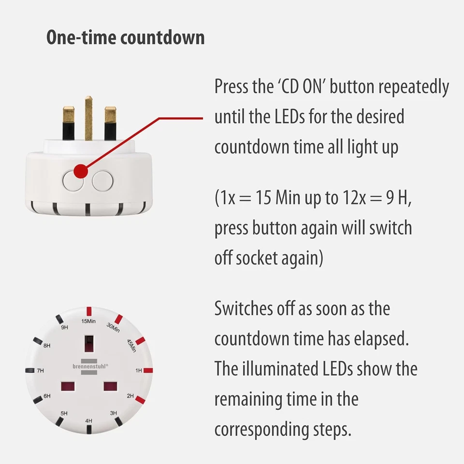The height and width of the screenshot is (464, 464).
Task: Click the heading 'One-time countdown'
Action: [125, 38]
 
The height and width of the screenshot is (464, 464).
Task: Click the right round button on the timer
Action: [102, 180]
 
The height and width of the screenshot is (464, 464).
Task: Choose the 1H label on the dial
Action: [138, 371]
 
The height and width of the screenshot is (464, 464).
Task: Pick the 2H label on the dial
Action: [130, 396]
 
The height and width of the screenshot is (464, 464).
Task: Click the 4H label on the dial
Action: [88, 421]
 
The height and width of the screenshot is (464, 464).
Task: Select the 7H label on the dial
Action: [40, 371]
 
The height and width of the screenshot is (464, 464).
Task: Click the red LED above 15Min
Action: [89, 311]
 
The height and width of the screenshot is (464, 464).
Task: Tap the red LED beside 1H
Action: [148, 371]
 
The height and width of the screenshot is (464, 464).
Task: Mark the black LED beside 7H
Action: [30, 370]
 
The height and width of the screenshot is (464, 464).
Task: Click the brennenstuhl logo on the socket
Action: [89, 366]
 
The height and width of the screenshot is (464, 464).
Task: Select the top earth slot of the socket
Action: [89, 344]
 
